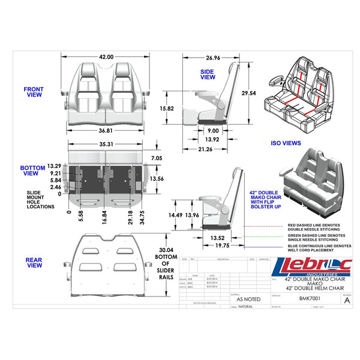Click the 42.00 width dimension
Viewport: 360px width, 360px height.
coord(106,56)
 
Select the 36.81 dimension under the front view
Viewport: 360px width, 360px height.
coord(106,131)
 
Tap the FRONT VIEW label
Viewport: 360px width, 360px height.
coord(34,92)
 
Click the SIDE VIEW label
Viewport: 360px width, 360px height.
coord(207,74)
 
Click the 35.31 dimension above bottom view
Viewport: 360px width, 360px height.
coord(106,145)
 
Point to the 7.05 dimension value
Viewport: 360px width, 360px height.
coord(157,158)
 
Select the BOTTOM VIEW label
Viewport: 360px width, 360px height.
coord(33,171)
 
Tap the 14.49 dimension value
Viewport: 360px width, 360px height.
coord(176,215)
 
